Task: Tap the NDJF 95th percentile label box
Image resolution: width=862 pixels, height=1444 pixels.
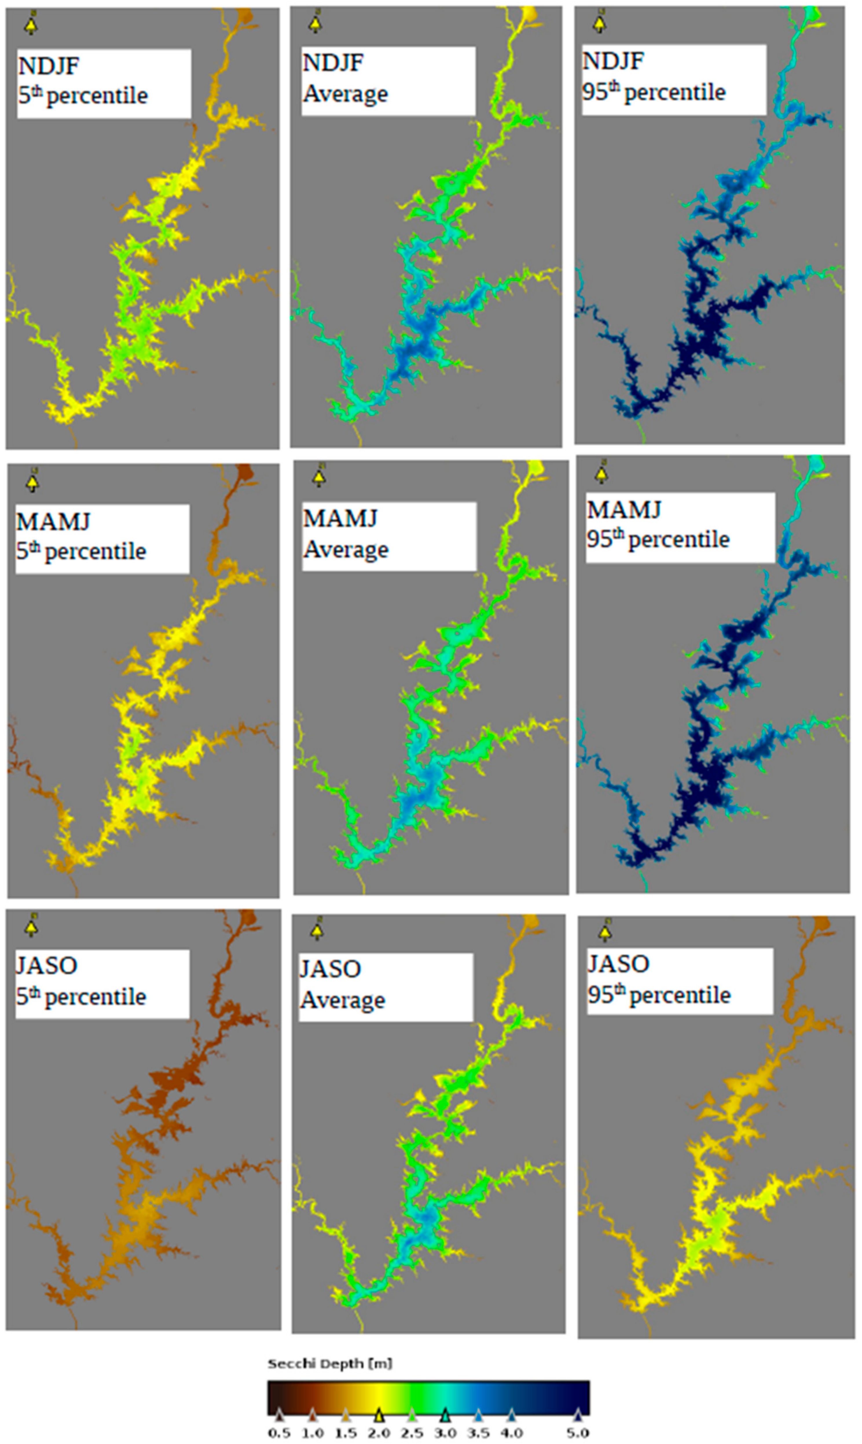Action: (x=674, y=80)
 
